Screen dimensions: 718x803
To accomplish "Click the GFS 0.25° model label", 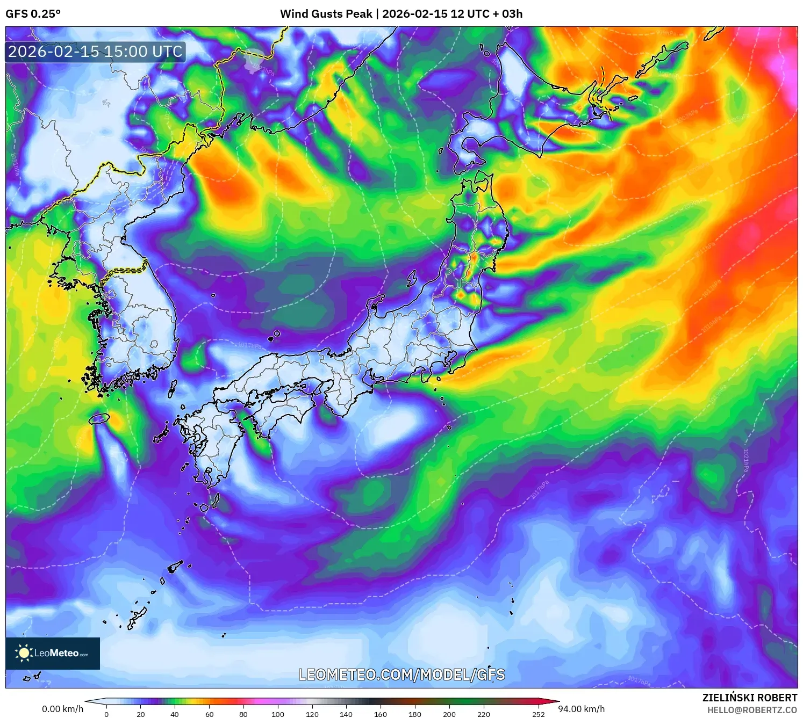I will coord(33,14).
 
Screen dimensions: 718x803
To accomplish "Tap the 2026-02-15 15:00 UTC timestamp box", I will coord(95,52).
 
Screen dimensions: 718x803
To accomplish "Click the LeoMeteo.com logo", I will coord(53,653).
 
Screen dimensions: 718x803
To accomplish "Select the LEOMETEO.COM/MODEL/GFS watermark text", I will coord(401,675).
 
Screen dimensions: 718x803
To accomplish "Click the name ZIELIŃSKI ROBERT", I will coord(749,698).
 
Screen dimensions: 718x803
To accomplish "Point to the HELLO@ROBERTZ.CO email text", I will coord(751,710).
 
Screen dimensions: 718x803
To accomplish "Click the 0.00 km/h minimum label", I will coord(62,709).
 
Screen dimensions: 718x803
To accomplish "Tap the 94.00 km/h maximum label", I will coord(581,709).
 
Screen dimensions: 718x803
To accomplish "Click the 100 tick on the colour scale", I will coord(277,714).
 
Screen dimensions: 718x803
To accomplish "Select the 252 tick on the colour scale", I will coord(538,714).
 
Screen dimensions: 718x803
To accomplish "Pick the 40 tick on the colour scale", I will coord(175,714).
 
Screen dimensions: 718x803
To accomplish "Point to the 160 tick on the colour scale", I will coord(381,714).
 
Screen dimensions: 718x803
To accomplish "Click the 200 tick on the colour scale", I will coord(449,714).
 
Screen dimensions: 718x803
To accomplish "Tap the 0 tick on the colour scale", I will coord(106,714).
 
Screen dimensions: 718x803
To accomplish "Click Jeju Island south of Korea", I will coord(99,418).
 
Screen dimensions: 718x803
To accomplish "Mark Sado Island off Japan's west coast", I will coord(412,279).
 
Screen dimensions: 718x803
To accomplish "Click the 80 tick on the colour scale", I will coord(243,714).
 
